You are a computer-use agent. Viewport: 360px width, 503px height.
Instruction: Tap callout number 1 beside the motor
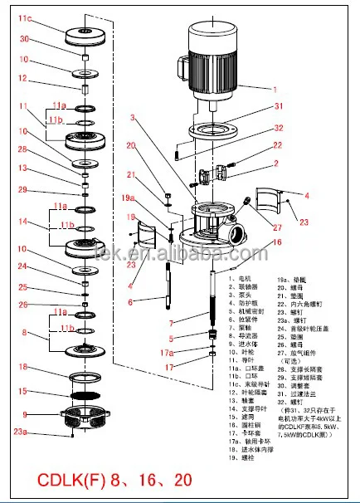pyautogui.click(x=276, y=88)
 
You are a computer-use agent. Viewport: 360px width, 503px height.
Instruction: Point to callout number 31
pyautogui.click(x=279, y=105)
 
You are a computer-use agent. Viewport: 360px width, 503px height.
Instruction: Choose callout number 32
pyautogui.click(x=279, y=127)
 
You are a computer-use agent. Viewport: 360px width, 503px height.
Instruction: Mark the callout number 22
pyautogui.click(x=279, y=146)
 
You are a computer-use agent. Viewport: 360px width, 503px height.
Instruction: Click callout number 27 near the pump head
pyautogui.click(x=276, y=227)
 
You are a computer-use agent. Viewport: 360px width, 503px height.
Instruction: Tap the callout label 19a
pyautogui.click(x=128, y=198)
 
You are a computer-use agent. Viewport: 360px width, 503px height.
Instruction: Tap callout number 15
pyautogui.click(x=24, y=392)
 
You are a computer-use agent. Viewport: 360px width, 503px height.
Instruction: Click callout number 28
pyautogui.click(x=24, y=149)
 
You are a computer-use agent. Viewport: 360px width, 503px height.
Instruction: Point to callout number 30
pyautogui.click(x=24, y=40)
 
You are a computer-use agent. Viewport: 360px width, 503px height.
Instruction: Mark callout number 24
pyautogui.click(x=24, y=266)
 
